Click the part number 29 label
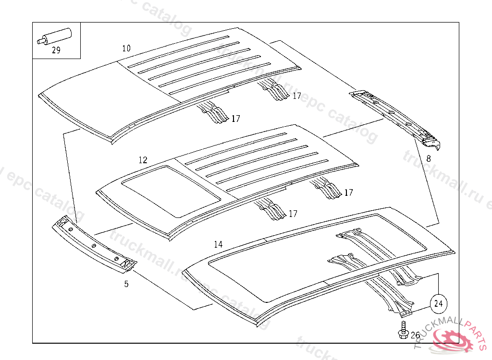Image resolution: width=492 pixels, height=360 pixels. (56, 50)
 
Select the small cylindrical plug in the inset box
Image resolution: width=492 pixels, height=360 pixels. (55, 36)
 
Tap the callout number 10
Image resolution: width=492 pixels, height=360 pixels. (126, 48)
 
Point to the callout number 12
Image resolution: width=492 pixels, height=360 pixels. (143, 160)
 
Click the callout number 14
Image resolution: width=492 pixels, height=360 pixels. (218, 244)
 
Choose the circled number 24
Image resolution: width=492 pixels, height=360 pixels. (438, 303)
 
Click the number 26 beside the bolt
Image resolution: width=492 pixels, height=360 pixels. (415, 335)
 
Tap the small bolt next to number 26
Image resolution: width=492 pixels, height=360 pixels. (403, 331)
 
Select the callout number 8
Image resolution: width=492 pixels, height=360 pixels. (428, 157)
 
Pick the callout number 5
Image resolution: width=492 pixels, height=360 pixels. (126, 284)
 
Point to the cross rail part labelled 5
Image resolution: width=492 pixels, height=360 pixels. (94, 245)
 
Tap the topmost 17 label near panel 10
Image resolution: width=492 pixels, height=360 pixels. (297, 96)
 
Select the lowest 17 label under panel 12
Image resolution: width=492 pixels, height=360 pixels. (293, 214)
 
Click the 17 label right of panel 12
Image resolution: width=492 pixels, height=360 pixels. (348, 192)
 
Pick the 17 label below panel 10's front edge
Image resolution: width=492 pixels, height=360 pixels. (235, 119)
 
